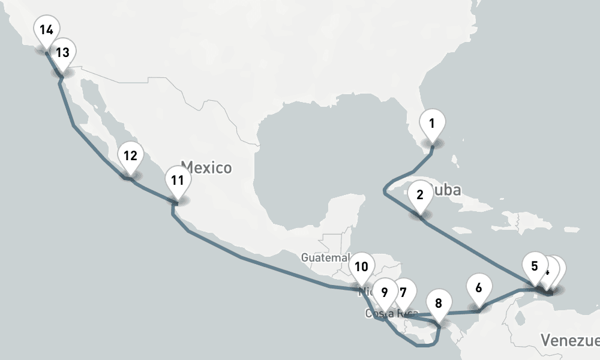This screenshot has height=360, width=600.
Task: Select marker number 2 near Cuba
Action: pyautogui.click(x=419, y=195)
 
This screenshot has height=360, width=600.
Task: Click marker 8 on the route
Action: pyautogui.click(x=439, y=303)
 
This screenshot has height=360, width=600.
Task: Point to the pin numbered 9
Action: pyautogui.click(x=385, y=293)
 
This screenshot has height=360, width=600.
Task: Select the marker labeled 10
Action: pyautogui.click(x=361, y=266)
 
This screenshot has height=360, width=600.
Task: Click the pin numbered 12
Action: pyautogui.click(x=130, y=156)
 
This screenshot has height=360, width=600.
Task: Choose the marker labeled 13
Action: pyautogui.click(x=62, y=53)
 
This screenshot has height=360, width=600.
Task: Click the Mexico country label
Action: pyautogui.click(x=206, y=166)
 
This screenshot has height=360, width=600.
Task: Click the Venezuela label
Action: pyautogui.click(x=569, y=341)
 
